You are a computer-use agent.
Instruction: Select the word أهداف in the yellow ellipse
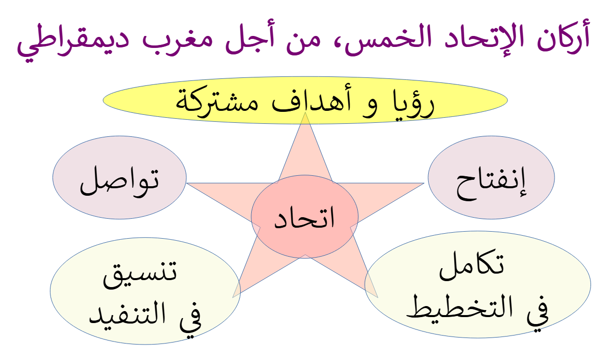(x=312, y=100)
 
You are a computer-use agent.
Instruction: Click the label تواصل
(x=119, y=181)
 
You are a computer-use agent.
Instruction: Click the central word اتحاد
(x=305, y=217)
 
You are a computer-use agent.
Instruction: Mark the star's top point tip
(x=305, y=112)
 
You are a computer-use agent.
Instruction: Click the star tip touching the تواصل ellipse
(x=187, y=183)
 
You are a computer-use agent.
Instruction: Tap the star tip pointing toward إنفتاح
(x=424, y=183)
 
